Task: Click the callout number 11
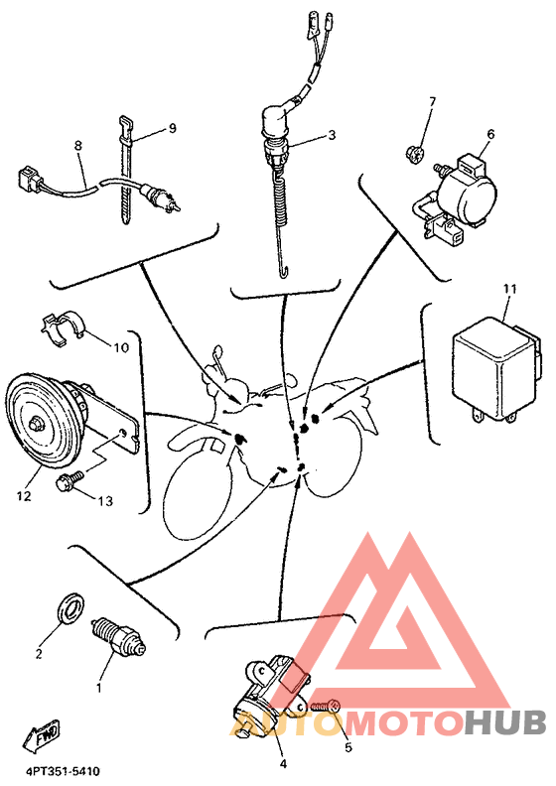[x=510, y=289]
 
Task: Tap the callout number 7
[x=432, y=102]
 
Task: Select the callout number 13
[x=105, y=501]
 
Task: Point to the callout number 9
[x=173, y=128]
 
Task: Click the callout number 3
[x=332, y=135]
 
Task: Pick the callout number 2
[x=39, y=654]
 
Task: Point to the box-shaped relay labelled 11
[x=496, y=367]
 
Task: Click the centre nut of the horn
[x=36, y=424]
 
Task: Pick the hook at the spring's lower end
[x=284, y=272]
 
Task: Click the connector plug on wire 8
[x=30, y=180]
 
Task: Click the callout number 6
[x=490, y=134]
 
